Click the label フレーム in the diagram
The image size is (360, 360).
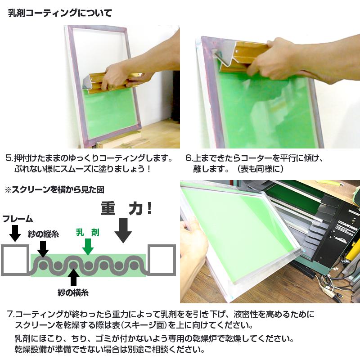18,219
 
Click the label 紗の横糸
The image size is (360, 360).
73,292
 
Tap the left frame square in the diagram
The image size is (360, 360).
14,260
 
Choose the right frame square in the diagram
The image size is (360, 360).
161,260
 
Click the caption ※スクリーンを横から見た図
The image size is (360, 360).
54,190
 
